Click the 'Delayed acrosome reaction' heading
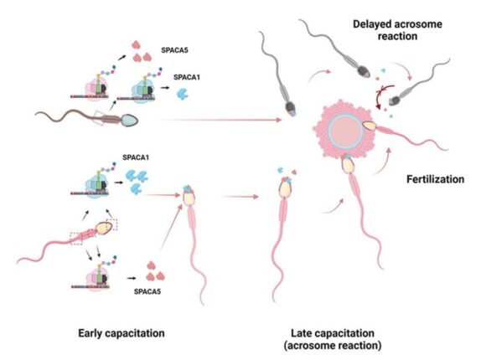coord(397,30)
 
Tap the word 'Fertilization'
coord(435,179)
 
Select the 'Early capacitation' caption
coord(121,333)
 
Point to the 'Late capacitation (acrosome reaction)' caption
coord(333,339)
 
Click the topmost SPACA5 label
coord(174,50)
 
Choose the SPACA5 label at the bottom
coord(147,291)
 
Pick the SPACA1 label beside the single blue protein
coord(187,77)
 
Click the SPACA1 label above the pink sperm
coord(136,157)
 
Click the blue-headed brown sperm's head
coord(129,121)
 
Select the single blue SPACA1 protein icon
coord(183,94)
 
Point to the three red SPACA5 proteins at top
coord(141,51)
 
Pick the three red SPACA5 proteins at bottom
coord(155,271)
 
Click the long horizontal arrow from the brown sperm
coord(220,120)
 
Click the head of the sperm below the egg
coord(349,165)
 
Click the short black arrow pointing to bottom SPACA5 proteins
coord(132,278)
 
